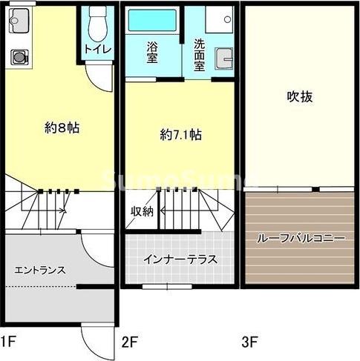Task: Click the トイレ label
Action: click(x=98, y=50)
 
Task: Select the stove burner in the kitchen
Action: click(x=18, y=56)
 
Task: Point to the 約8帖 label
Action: click(x=62, y=128)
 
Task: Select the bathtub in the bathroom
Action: click(x=152, y=19)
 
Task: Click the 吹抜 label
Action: click(x=298, y=96)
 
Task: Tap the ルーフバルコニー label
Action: click(x=301, y=239)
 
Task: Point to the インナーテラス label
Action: click(x=180, y=259)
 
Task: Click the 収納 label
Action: click(x=143, y=212)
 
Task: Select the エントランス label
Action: click(x=40, y=270)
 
